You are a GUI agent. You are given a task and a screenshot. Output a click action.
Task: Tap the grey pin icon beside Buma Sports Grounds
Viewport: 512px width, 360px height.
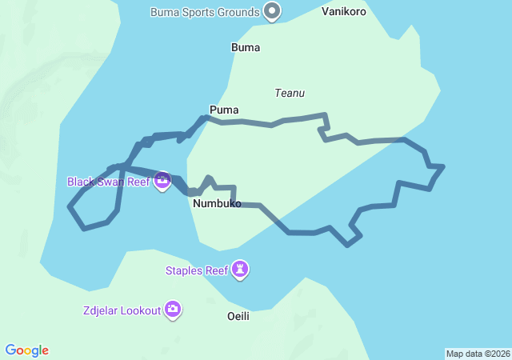click(273, 11)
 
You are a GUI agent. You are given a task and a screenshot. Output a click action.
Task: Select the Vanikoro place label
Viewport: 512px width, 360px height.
click(344, 12)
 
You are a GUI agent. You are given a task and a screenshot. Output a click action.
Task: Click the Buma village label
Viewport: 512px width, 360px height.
click(245, 47)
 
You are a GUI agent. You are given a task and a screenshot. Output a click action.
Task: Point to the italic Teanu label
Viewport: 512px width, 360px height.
click(290, 93)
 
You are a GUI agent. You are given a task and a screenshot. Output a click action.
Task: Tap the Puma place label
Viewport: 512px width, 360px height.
click(223, 110)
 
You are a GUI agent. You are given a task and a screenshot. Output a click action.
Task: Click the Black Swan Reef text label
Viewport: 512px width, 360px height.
click(109, 182)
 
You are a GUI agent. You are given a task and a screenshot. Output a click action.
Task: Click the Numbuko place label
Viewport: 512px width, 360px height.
click(217, 203)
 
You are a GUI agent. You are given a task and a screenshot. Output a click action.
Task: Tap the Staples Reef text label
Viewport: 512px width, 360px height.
click(197, 270)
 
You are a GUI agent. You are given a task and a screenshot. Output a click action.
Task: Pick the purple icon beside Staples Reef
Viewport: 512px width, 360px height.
click(240, 270)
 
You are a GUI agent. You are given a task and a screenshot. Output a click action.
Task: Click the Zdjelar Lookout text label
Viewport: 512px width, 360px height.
click(120, 310)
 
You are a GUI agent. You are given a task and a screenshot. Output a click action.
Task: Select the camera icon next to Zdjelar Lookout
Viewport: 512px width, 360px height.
click(173, 310)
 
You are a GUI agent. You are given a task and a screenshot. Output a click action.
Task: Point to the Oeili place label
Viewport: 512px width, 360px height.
click(238, 316)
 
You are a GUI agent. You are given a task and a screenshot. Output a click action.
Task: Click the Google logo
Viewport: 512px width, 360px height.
click(27, 350)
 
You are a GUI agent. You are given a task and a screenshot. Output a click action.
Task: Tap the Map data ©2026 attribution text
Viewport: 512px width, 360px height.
click(477, 354)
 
